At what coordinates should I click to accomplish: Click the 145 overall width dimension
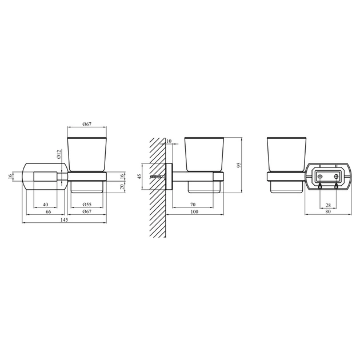(x=65, y=220)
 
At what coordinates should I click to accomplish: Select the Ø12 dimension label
(x=59, y=154)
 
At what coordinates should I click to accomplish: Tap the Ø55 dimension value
(x=87, y=205)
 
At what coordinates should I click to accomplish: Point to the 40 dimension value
(x=46, y=205)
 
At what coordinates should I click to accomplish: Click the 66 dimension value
(x=48, y=211)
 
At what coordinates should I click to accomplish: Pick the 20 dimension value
(x=122, y=186)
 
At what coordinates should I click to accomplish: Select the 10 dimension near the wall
(x=169, y=141)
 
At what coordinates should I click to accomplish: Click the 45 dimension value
(x=139, y=177)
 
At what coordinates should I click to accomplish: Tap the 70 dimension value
(x=193, y=205)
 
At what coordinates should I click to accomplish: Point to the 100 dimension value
(x=194, y=211)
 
